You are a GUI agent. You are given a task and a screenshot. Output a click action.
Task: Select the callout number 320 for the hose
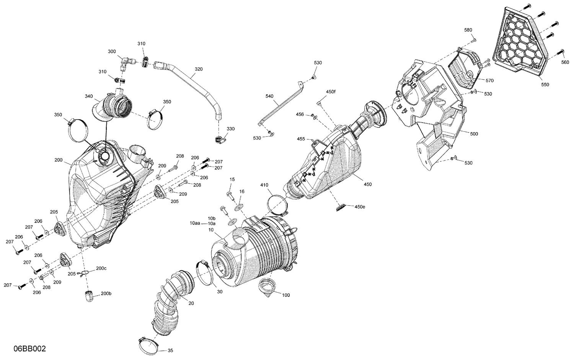pos(199,69)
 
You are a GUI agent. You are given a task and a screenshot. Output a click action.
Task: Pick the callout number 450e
pos(360,207)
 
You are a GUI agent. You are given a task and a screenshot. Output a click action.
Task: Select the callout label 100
pos(286,295)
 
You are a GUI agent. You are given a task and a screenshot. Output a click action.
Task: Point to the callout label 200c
pos(101,268)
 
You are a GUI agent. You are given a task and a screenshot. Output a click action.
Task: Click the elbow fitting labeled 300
pos(125,62)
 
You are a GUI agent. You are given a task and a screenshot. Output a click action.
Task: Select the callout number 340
pos(88,96)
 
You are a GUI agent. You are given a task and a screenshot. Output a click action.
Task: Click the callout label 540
pos(269,97)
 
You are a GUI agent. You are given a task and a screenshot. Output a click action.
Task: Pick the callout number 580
pos(468,30)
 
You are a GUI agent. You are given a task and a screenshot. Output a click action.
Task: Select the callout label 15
pos(232,179)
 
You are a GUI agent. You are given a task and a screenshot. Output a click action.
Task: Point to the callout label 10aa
pos(195,223)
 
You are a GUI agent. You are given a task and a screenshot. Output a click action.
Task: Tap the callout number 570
pos(489,80)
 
